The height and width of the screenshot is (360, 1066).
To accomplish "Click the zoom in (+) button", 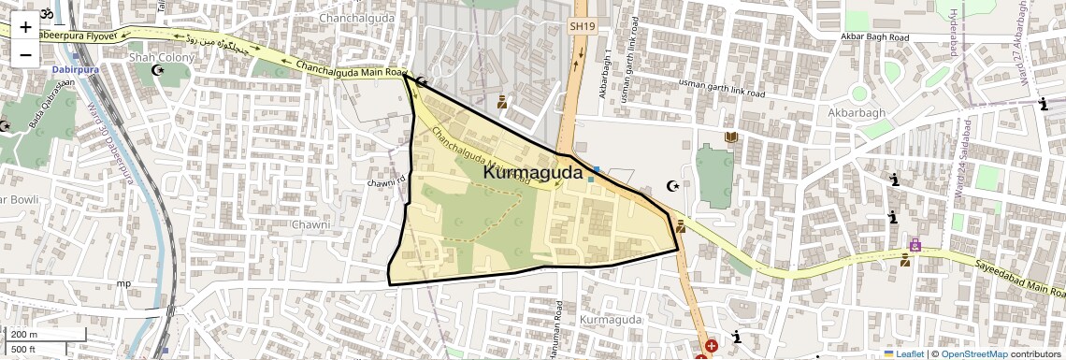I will (25, 27).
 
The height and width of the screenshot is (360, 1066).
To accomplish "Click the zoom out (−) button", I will (25, 54).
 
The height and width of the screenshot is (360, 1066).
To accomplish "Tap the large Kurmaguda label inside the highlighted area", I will (533, 173).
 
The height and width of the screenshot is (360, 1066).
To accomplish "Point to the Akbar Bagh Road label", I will (873, 36).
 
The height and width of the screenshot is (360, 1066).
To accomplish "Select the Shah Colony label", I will (161, 57).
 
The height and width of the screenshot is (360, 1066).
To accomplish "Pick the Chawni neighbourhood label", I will (310, 225).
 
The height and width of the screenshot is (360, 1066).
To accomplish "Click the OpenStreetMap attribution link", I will (973, 353).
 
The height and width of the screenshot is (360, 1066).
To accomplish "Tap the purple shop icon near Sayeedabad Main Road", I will (915, 246).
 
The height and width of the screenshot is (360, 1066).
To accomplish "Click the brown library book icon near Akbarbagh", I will (731, 138).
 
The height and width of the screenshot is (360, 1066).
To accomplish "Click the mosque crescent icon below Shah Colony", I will (157, 70).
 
